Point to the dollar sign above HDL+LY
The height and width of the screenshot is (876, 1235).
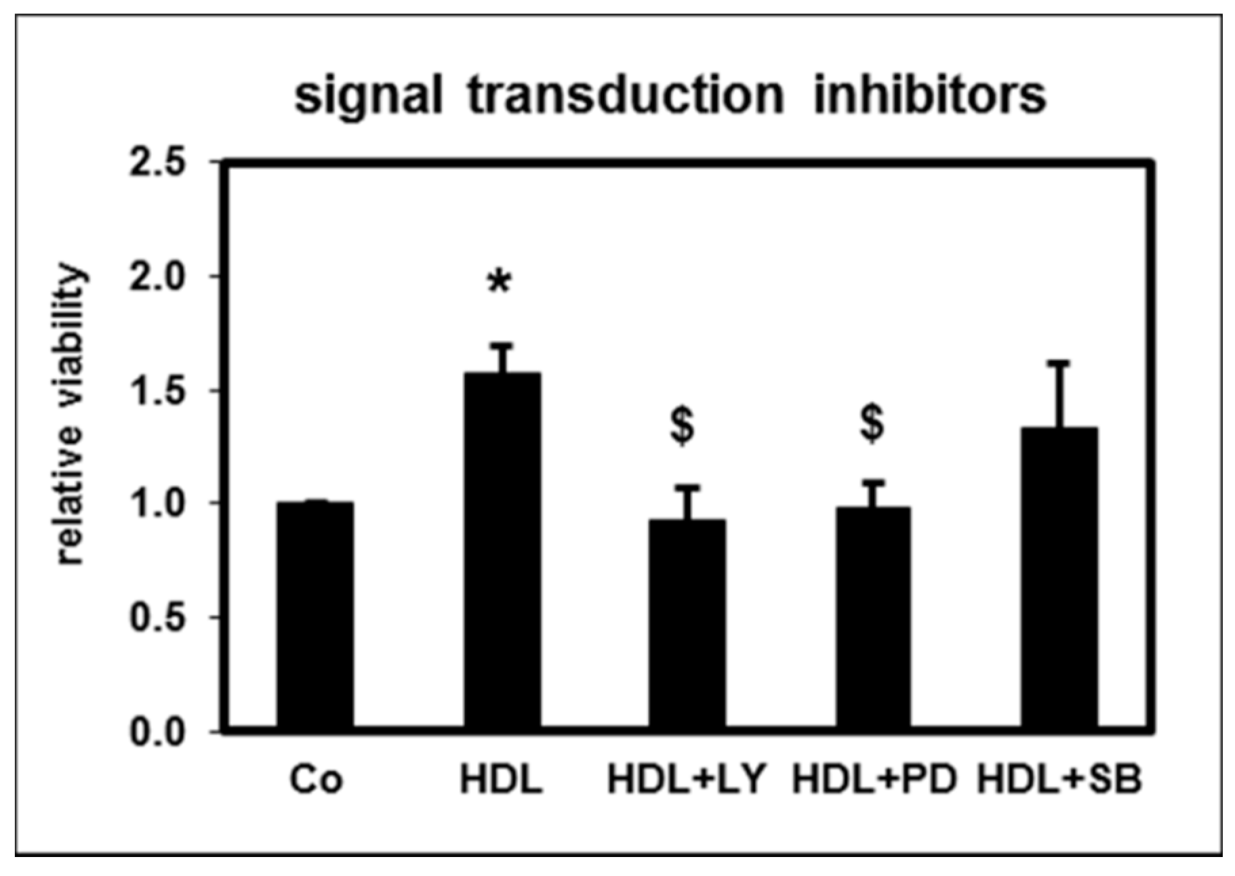click(683, 425)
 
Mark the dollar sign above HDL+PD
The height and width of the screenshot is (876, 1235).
click(872, 423)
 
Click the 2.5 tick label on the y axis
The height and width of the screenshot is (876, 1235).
click(157, 164)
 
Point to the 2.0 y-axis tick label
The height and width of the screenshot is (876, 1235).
click(157, 278)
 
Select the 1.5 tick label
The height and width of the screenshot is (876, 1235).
click(157, 392)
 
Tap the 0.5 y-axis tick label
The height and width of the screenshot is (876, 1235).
click(157, 619)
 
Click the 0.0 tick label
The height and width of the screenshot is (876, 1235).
click(157, 732)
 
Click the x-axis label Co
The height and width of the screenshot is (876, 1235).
click(316, 780)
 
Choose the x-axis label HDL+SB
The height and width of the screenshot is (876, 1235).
click(1059, 780)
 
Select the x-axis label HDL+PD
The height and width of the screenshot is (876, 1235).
click(874, 780)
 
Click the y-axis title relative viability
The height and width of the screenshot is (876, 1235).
click(70, 415)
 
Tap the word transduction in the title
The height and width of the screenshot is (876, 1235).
click(625, 96)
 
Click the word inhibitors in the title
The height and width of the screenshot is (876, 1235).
click(930, 96)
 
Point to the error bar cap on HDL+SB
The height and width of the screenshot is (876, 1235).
click(1059, 363)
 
